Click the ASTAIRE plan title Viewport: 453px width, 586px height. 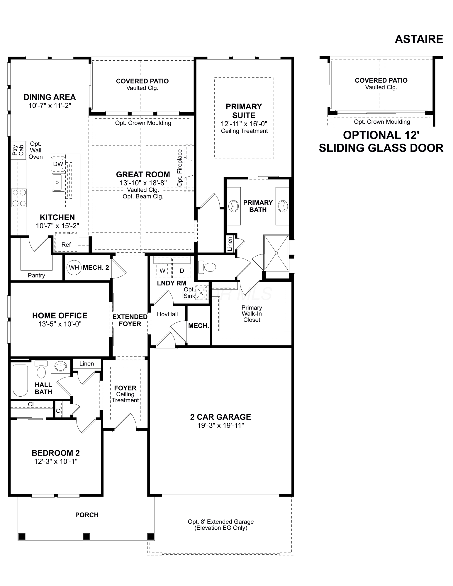(419, 39)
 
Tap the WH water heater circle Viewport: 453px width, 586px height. (74, 267)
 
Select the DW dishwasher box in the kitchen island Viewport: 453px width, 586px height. (58, 164)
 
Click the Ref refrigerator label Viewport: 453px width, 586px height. (66, 244)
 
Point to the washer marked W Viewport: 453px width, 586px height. (162, 271)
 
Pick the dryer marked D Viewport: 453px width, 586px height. (182, 271)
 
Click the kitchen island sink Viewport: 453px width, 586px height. (58, 182)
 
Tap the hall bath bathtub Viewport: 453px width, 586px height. (20, 380)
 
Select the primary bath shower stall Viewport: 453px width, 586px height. (276, 253)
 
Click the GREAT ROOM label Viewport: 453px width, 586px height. (143, 174)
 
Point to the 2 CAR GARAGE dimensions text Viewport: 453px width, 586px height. (221, 425)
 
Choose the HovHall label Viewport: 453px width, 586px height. (167, 314)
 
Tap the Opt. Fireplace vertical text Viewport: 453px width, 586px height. (180, 168)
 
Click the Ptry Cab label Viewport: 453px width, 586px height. (18, 150)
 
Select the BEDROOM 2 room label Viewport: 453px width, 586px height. (56, 453)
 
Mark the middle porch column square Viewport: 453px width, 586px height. (86, 536)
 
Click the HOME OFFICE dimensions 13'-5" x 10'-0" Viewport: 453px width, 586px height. (60, 324)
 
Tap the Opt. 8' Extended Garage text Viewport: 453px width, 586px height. (221, 522)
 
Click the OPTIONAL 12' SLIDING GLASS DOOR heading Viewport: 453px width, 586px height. (381, 141)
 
